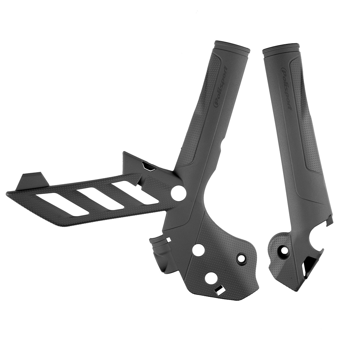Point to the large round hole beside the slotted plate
click(x=177, y=192)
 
